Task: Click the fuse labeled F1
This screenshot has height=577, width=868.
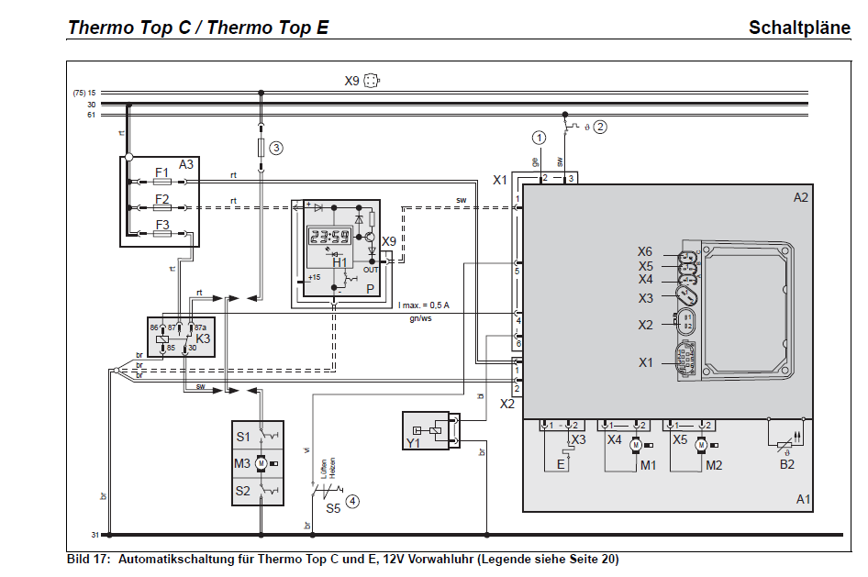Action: [x=162, y=183]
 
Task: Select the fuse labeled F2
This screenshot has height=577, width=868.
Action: [x=162, y=208]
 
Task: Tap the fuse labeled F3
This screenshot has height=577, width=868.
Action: [x=162, y=234]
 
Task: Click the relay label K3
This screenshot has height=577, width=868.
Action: [x=203, y=338]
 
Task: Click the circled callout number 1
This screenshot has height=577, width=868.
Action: [x=539, y=137]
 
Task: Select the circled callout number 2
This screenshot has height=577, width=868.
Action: [x=600, y=127]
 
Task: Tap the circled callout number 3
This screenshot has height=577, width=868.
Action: [x=275, y=147]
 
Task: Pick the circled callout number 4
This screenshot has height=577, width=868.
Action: [x=352, y=502]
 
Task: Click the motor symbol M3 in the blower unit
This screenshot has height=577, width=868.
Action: [x=261, y=463]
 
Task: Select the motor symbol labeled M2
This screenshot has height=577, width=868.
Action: [x=701, y=445]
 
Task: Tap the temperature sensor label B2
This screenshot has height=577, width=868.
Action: [x=787, y=464]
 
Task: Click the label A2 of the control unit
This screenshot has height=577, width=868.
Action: [x=801, y=197]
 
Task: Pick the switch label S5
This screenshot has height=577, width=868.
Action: [x=334, y=507]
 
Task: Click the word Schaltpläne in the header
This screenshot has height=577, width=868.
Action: [x=799, y=27]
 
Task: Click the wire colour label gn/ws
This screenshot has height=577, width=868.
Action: [x=421, y=319]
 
